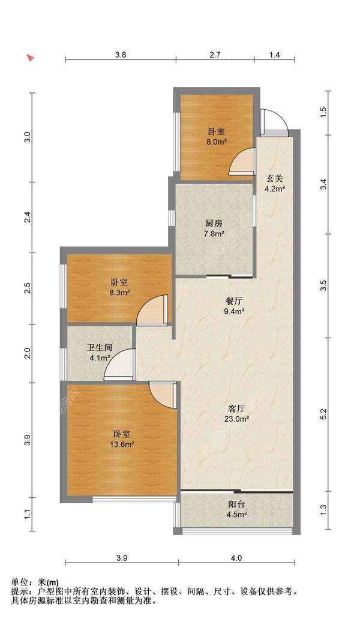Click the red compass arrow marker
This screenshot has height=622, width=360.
pyautogui.click(x=30, y=58)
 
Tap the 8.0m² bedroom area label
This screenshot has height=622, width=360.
pyautogui.click(x=217, y=142)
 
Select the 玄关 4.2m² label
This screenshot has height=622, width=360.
pyautogui.click(x=275, y=184)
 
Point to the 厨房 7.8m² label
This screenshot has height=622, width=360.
pyautogui.click(x=214, y=229)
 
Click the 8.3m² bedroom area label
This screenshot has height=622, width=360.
pyautogui.click(x=120, y=293)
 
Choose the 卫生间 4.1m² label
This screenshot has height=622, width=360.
pyautogui.click(x=99, y=353)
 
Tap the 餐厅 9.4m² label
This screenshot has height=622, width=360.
pyautogui.click(x=234, y=307)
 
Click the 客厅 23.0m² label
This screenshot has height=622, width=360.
pyautogui.click(x=236, y=413)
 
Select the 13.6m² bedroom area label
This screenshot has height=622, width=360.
pyautogui.click(x=121, y=444)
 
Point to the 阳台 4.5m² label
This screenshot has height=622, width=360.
pyautogui.click(x=236, y=510)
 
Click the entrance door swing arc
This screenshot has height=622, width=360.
pyautogui.click(x=274, y=119)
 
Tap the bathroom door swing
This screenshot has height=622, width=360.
pyautogui.click(x=119, y=364)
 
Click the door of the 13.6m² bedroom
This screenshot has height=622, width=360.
pyautogui.click(x=163, y=394)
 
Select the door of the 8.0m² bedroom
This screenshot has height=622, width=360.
pyautogui.click(x=242, y=161)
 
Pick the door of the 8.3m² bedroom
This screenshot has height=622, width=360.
pyautogui.click(x=152, y=310)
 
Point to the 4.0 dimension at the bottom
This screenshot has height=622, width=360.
pyautogui.click(x=236, y=558)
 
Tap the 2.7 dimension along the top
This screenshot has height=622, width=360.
pyautogui.click(x=215, y=55)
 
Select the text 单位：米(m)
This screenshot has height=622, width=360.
pyautogui.click(x=35, y=582)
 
